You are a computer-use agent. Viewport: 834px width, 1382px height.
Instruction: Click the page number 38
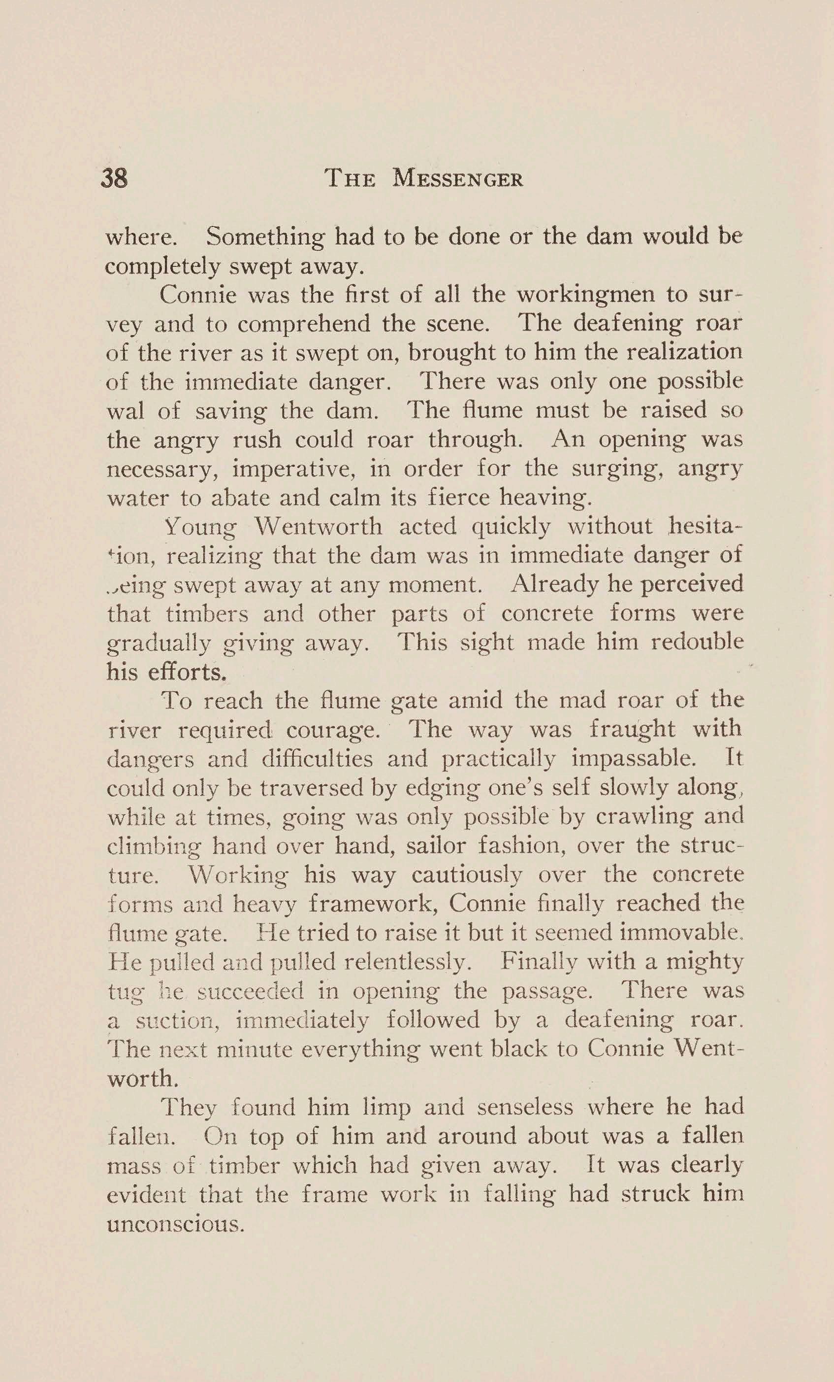pyautogui.click(x=114, y=178)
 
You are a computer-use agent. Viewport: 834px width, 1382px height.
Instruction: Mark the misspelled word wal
pyautogui.click(x=125, y=411)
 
